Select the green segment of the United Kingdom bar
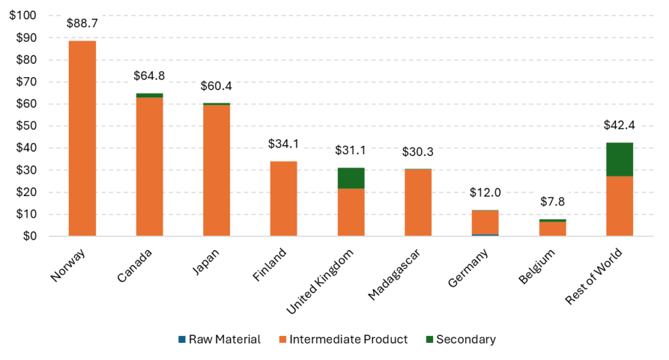(x=351, y=178)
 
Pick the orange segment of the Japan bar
(x=216, y=170)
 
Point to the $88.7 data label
(x=82, y=24)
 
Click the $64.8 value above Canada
(x=149, y=76)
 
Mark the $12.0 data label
(x=485, y=193)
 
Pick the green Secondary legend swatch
(x=429, y=340)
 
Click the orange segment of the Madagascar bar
(x=418, y=203)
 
